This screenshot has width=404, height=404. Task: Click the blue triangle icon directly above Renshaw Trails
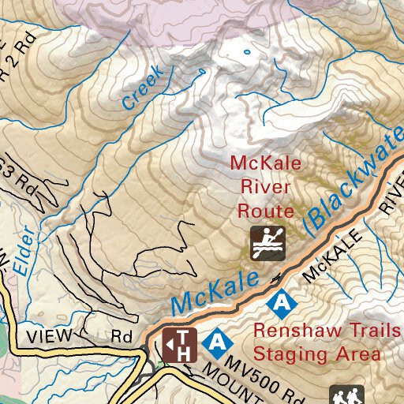coord(280,301)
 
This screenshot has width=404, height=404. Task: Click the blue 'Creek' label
coord(142,87)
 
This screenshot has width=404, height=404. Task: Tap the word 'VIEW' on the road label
coord(49,335)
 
